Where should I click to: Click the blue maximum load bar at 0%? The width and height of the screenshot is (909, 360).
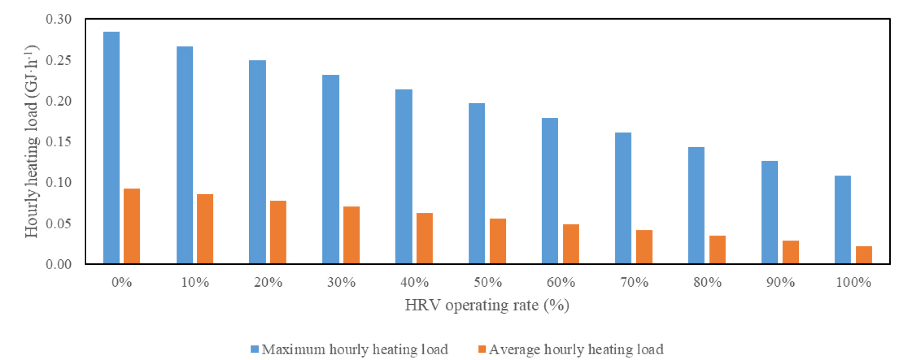click(112, 148)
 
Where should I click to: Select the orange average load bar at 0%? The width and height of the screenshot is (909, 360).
click(132, 226)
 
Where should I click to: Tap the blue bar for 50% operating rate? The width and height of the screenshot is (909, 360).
click(477, 183)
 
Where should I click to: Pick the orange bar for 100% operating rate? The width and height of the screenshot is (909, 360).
click(864, 255)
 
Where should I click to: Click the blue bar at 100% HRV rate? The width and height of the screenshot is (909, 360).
click(843, 220)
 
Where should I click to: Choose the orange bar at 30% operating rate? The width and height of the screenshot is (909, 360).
click(351, 235)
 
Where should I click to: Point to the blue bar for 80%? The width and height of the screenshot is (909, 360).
click(697, 206)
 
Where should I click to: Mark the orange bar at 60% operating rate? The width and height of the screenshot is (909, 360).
click(571, 244)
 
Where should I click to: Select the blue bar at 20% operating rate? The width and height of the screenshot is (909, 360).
click(257, 162)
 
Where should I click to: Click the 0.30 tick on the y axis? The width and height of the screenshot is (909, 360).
click(58, 19)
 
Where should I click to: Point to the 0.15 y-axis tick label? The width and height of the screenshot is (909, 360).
click(58, 142)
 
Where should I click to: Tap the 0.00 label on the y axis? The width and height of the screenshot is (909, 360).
click(58, 264)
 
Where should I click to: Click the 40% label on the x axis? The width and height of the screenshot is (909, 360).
click(414, 282)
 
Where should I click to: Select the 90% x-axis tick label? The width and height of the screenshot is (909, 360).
click(780, 282)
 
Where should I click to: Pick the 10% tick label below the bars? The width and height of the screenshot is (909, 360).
click(195, 282)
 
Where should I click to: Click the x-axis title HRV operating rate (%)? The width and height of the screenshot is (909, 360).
click(487, 305)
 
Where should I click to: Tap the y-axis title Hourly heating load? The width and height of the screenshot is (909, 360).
click(32, 142)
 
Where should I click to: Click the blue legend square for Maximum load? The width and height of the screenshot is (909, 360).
click(254, 350)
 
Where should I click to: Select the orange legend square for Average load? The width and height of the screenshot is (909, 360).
click(482, 350)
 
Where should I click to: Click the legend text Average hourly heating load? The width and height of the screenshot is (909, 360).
click(576, 350)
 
